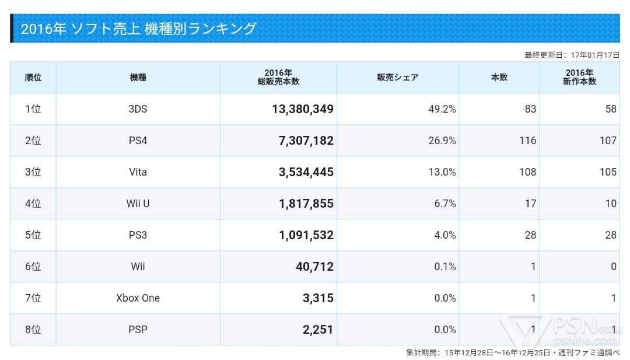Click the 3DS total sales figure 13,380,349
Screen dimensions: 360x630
(303, 109)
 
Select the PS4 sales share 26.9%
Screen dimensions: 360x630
(442, 141)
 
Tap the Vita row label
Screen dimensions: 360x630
(138, 172)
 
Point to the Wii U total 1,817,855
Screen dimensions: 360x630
(303, 204)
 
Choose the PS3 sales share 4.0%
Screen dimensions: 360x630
(444, 235)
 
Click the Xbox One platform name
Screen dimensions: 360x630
(138, 298)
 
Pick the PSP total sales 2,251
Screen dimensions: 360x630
(318, 330)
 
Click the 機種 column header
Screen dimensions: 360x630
(138, 78)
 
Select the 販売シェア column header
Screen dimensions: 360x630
(398, 78)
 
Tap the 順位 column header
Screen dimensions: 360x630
(33, 78)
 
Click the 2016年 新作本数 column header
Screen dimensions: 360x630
(579, 78)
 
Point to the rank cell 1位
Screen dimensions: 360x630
(33, 109)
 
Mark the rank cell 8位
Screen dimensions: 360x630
(33, 330)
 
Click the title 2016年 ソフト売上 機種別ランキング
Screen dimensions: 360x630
(139, 29)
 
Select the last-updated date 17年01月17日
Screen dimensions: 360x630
(595, 55)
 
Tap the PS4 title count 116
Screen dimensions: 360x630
(527, 141)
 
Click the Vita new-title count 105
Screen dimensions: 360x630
(608, 172)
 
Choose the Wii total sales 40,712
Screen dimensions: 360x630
(314, 267)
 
